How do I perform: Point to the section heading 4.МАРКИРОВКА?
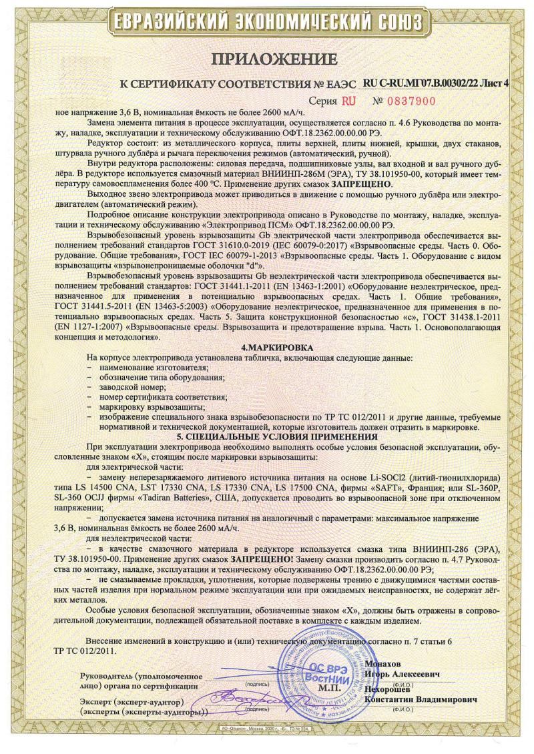tap(267, 348)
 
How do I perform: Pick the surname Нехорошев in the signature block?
tap(392, 689)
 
